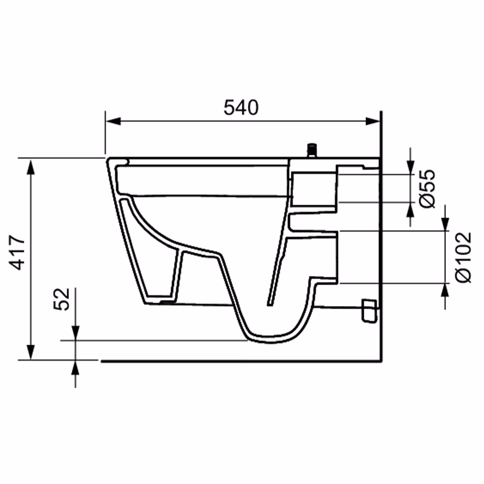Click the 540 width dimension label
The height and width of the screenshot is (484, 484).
coord(241,108)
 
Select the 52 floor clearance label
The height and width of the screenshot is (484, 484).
coord(61,299)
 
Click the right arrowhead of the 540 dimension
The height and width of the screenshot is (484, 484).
coord(373,121)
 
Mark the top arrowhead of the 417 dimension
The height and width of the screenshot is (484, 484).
coord(30,167)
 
